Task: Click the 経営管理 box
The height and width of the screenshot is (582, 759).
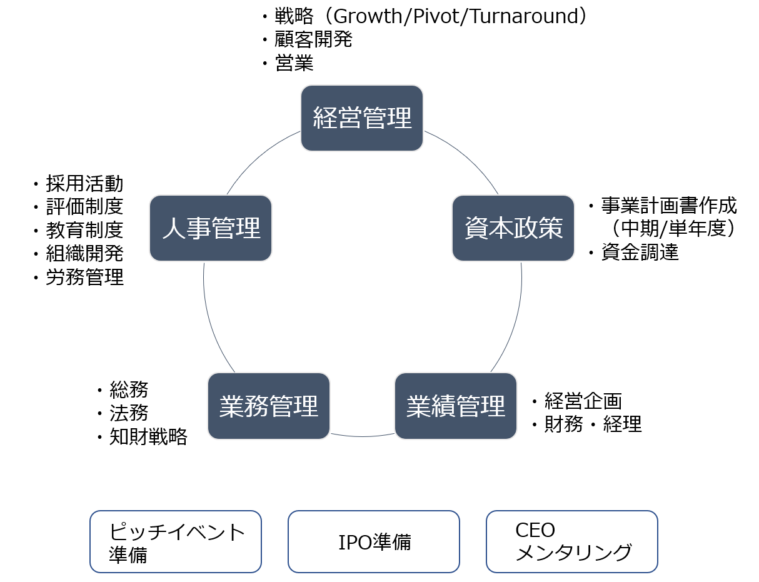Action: (362, 118)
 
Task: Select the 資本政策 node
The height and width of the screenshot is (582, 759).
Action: (513, 228)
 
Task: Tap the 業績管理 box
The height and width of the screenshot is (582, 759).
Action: (456, 406)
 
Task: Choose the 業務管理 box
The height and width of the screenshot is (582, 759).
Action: (269, 406)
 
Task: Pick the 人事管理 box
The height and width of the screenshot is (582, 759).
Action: (211, 228)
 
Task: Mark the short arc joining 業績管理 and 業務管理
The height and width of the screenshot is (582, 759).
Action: (363, 436)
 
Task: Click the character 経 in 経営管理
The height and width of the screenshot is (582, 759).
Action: (325, 118)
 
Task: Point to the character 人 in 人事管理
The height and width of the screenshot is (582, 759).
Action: (174, 229)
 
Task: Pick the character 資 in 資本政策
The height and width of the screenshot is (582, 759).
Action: (476, 229)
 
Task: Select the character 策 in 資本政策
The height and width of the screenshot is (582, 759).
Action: (551, 229)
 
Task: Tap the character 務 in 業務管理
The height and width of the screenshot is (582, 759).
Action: (256, 407)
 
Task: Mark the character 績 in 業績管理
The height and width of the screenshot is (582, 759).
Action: (443, 407)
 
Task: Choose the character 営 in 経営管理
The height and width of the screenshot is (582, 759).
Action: (350, 118)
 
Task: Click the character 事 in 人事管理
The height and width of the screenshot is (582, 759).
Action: (199, 229)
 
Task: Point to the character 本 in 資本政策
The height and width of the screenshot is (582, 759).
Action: (501, 229)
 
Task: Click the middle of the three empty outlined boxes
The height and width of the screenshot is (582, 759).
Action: (374, 541)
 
